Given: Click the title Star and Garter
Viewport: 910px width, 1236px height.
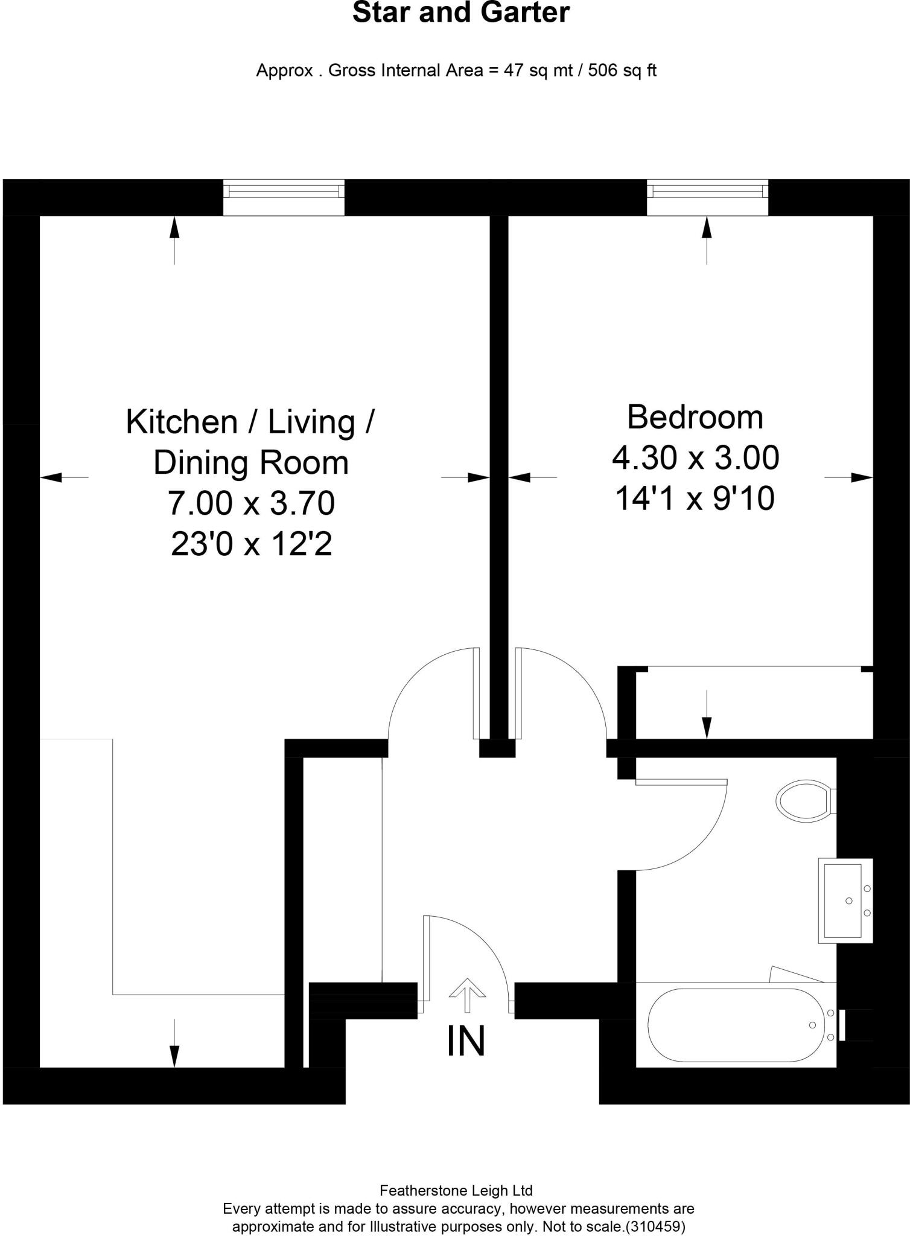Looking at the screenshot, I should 461,13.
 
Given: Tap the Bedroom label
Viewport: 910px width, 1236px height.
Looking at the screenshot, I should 695,417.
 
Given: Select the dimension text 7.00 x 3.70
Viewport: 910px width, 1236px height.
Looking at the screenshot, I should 251,503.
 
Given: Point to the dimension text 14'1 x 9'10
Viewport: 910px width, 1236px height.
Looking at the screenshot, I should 695,499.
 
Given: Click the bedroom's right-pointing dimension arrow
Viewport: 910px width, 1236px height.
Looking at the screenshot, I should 857,477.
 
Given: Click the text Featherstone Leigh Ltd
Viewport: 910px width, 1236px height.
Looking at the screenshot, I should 456,1190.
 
